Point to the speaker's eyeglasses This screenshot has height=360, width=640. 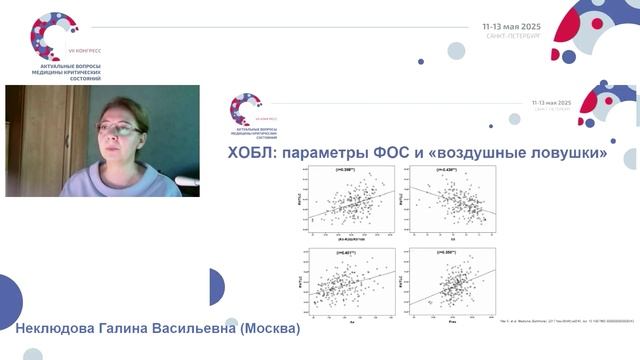click(118, 128)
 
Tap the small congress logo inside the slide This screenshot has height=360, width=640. click(245, 107)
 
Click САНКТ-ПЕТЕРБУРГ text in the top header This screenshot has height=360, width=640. click(512, 35)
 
